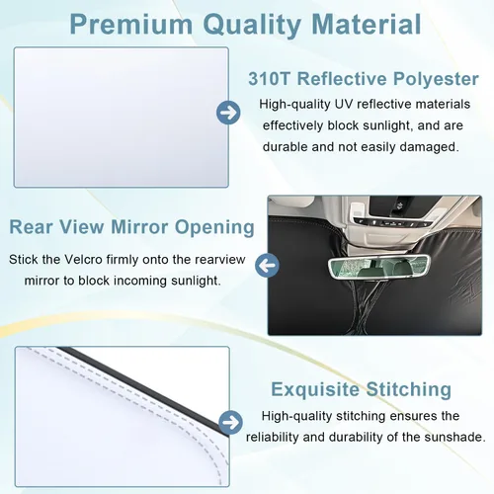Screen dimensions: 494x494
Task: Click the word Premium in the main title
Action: coord(131,24)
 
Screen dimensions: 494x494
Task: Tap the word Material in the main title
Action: coord(367,24)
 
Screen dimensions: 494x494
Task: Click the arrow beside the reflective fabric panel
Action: coord(228,113)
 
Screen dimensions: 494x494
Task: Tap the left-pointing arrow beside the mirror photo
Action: coord(268,266)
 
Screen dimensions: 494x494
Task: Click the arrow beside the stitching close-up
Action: coord(230,422)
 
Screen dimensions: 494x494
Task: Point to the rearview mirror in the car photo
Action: coord(378,267)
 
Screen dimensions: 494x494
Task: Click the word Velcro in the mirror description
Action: coord(83,260)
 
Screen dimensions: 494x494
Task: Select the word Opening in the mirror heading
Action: coord(214,228)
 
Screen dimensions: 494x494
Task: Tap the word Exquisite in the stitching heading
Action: coord(315,389)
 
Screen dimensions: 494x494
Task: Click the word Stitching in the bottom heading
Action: coord(409,389)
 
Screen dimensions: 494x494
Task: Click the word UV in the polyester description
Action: coord(344,104)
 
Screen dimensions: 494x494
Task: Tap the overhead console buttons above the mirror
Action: coord(392,221)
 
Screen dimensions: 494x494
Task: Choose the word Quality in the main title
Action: coord(252,25)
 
